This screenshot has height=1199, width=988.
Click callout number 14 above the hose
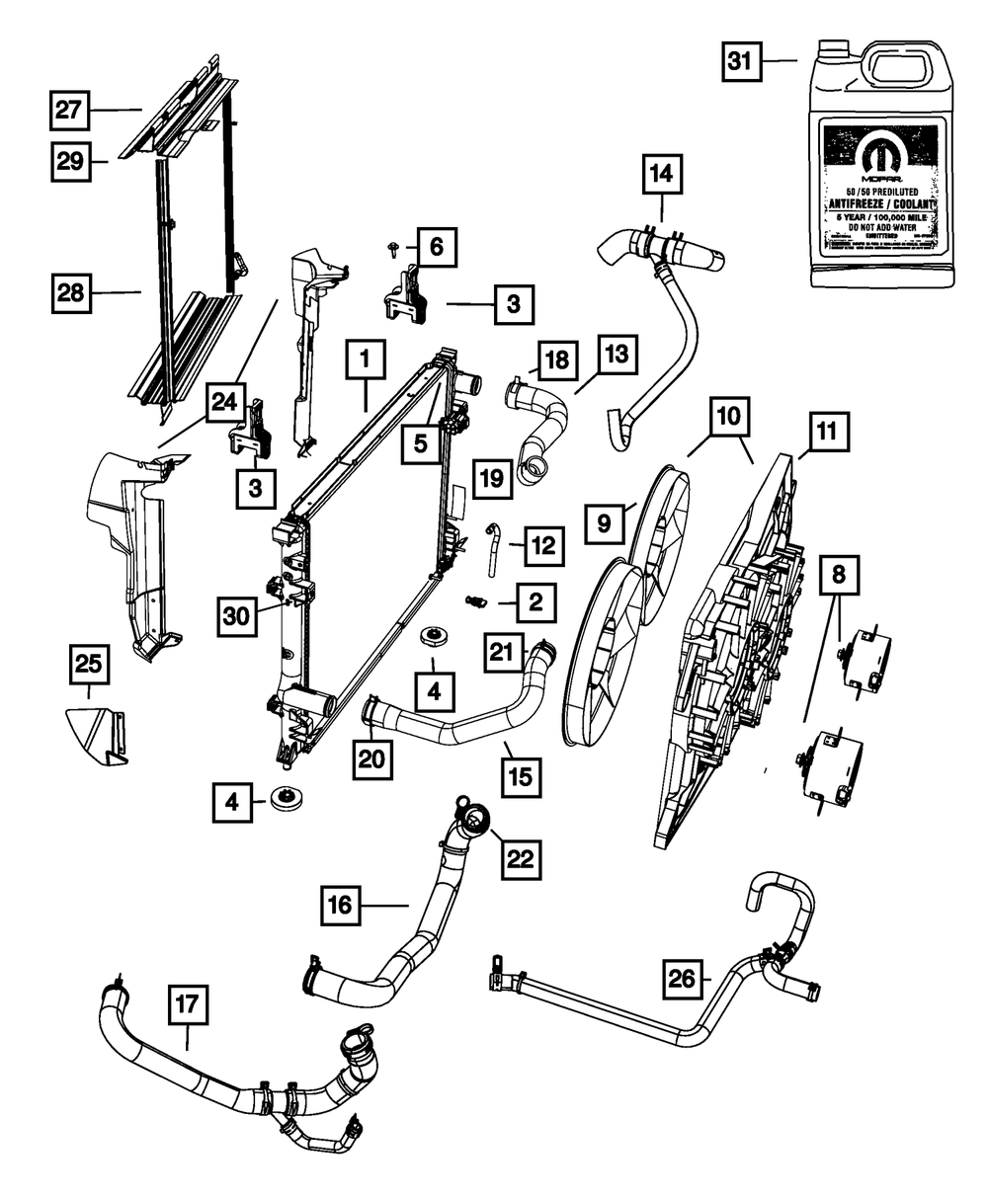point(662,176)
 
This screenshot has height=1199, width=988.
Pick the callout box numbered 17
point(188,1007)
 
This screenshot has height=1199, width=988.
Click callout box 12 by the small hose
point(543,545)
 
